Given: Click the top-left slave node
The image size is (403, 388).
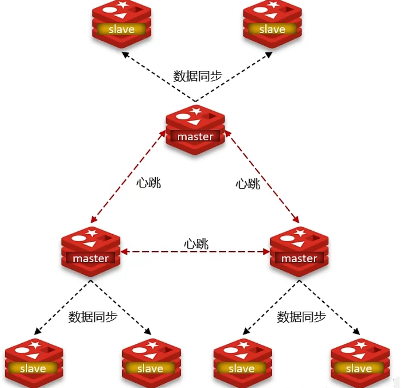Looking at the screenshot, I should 121,23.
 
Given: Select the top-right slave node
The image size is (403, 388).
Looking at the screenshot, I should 272,23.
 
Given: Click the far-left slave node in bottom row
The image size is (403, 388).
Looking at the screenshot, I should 34,362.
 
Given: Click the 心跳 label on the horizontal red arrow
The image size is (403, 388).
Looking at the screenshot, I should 196,244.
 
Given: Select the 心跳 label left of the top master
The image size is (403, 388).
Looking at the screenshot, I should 148,183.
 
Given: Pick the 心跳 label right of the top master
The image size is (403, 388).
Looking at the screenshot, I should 248,184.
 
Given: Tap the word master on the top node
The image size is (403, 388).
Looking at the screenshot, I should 195,137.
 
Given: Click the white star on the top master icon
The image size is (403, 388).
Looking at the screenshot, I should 196,110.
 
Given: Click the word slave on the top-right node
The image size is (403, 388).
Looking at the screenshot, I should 272,30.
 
